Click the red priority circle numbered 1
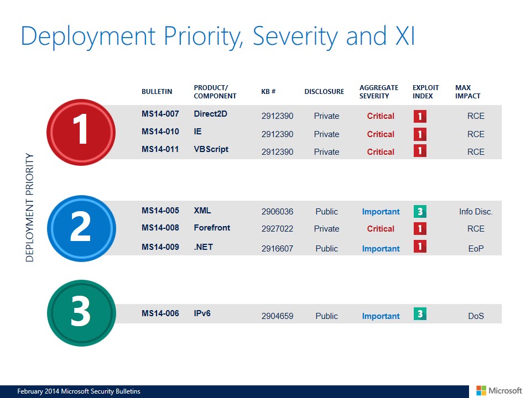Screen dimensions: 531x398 (x=81, y=132)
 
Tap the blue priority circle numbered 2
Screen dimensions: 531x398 (x=81, y=228)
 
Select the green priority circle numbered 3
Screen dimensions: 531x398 (x=81, y=313)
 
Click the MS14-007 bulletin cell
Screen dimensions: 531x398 (x=160, y=114)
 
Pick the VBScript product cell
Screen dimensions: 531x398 (x=211, y=149)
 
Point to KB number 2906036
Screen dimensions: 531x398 (x=277, y=212)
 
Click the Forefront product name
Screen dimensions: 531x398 (x=212, y=228)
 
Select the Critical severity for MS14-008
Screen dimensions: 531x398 (x=381, y=229)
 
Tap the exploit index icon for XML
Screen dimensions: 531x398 (x=420, y=212)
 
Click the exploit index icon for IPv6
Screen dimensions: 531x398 (x=420, y=314)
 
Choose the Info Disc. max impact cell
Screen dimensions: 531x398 (x=476, y=212)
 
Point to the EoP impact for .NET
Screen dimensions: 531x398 (x=476, y=249)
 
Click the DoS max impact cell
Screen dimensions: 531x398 (x=476, y=316)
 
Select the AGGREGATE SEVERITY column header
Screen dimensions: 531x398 (x=378, y=92)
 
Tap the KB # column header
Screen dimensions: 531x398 (x=268, y=91)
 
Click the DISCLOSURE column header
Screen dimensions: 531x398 (x=324, y=91)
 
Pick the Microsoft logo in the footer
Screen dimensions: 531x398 (x=499, y=391)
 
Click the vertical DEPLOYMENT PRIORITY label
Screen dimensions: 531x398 (x=30, y=207)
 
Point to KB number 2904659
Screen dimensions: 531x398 (x=277, y=316)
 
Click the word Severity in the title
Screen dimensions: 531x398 (x=295, y=36)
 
